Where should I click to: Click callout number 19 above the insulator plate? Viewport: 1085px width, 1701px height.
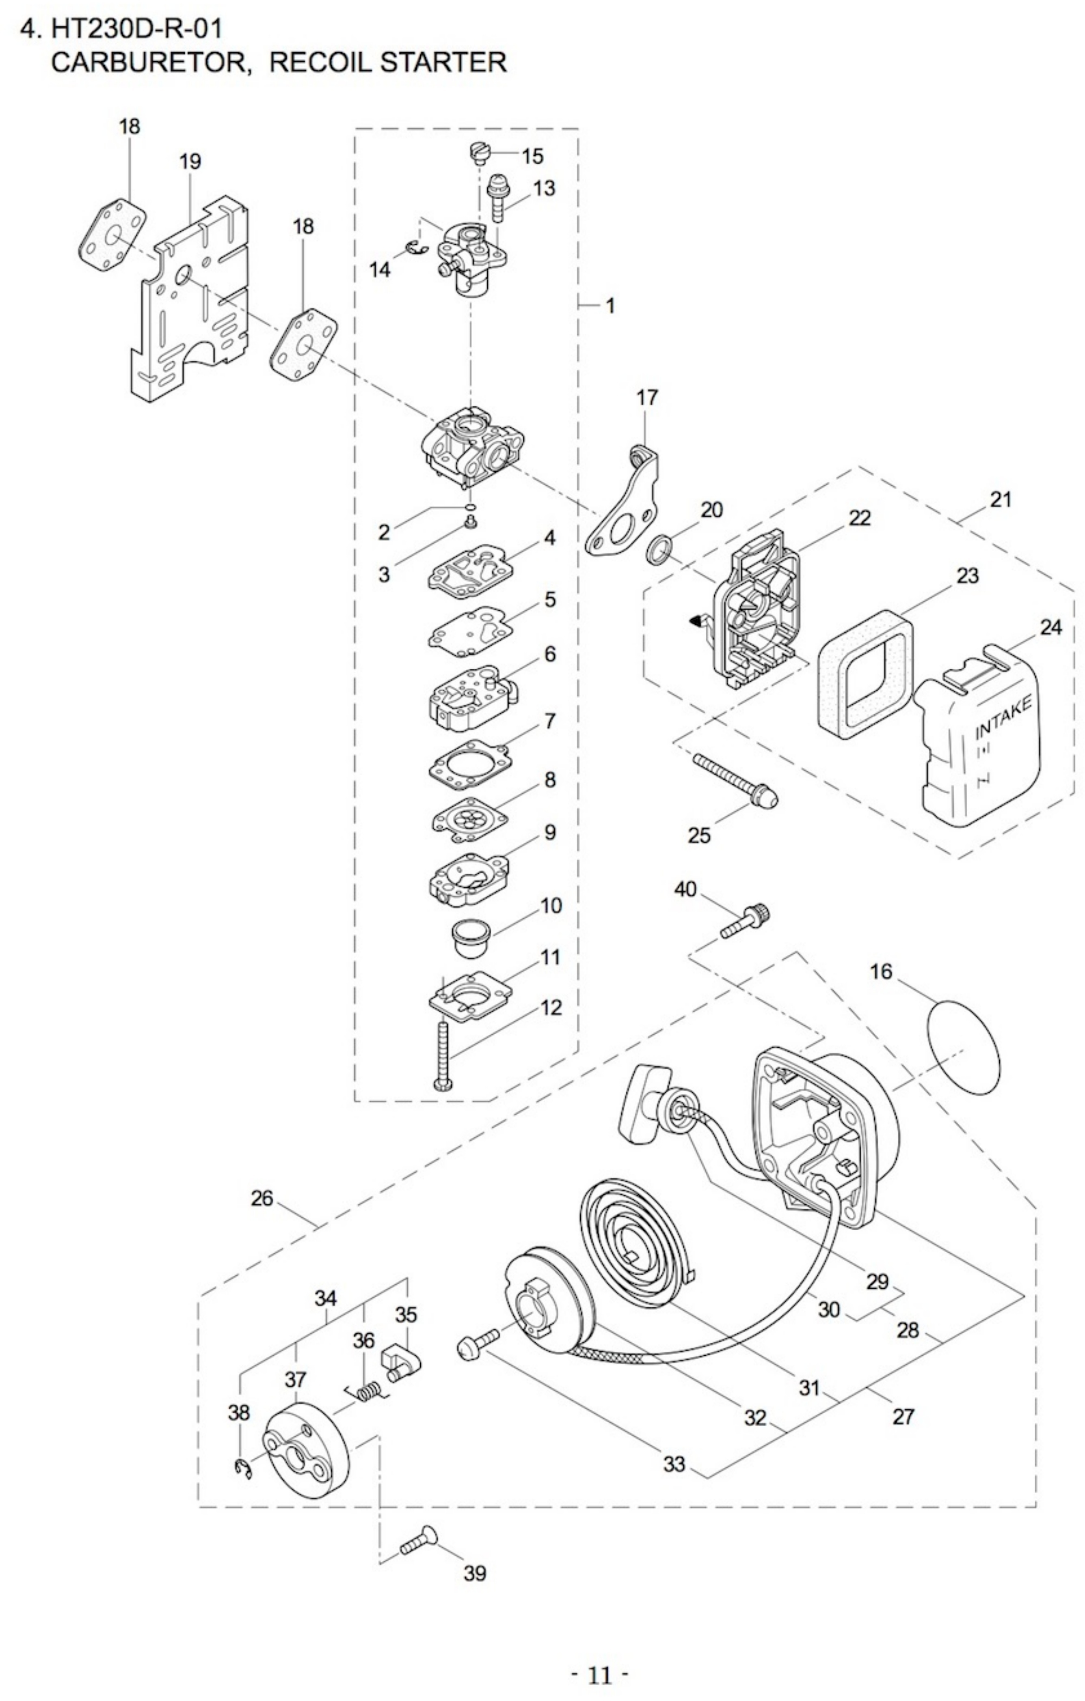click(190, 162)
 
